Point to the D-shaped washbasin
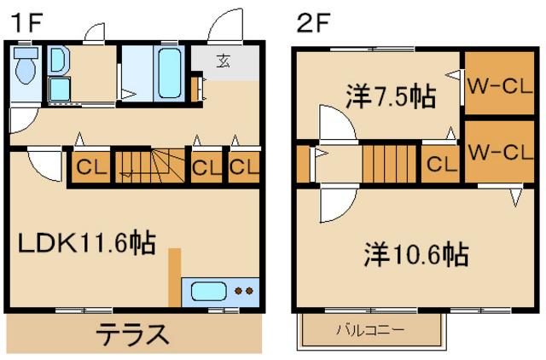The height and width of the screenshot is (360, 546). click(x=58, y=61)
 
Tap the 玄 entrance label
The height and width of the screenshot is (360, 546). click(x=224, y=61)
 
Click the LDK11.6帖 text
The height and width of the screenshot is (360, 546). click(x=87, y=245)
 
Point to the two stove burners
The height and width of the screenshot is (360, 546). click(x=244, y=291)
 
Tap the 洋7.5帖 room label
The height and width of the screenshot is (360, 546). click(x=390, y=95)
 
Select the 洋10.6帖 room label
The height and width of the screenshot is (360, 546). click(x=417, y=254)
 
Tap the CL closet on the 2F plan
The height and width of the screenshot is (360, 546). click(x=441, y=165)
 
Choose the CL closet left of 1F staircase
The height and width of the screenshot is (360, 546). click(x=89, y=166)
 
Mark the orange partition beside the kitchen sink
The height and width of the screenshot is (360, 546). click(x=175, y=277)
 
